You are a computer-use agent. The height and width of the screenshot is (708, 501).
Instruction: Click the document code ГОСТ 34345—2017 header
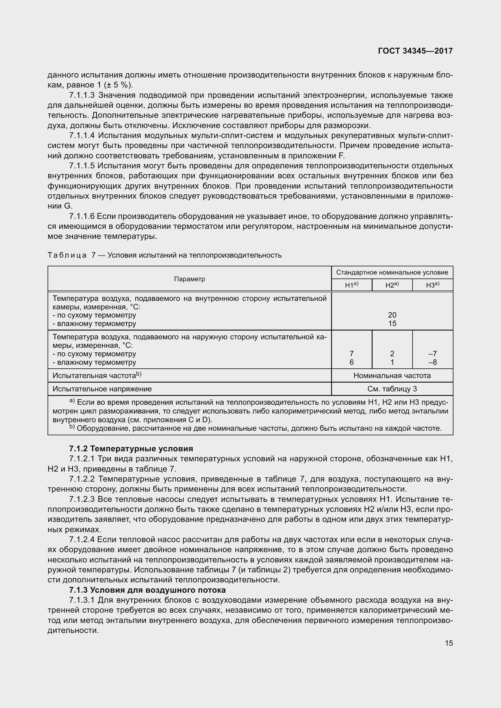click(415, 51)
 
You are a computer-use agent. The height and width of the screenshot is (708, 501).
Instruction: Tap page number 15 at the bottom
click(449, 643)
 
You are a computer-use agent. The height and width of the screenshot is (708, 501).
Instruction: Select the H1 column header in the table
click(351, 285)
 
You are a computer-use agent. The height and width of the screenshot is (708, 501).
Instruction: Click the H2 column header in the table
click(392, 285)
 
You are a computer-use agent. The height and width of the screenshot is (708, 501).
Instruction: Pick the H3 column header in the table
click(433, 285)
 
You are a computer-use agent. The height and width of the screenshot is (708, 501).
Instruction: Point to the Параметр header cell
click(189, 279)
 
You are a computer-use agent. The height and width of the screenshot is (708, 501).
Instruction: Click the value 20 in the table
click(392, 315)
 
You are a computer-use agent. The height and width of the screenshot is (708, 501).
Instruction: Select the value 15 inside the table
click(392, 324)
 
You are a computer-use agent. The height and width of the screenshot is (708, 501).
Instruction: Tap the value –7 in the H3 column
click(433, 354)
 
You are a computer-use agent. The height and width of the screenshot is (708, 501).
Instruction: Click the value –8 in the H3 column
click(433, 362)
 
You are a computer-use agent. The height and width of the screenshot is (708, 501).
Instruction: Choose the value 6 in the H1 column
click(351, 362)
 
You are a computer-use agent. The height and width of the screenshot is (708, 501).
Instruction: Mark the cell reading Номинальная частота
click(392, 376)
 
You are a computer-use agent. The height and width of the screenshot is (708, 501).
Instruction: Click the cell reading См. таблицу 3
click(392, 389)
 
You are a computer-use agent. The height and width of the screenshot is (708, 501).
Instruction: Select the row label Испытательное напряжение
click(102, 389)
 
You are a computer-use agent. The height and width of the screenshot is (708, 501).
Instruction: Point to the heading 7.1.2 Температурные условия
click(131, 449)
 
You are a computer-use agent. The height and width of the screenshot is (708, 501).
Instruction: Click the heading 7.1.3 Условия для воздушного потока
click(148, 590)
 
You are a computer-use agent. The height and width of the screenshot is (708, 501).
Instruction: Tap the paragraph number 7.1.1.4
click(82, 135)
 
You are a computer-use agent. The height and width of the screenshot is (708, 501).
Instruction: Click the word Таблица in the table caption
click(67, 255)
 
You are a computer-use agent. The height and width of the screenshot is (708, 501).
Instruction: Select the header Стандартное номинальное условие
click(392, 272)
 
